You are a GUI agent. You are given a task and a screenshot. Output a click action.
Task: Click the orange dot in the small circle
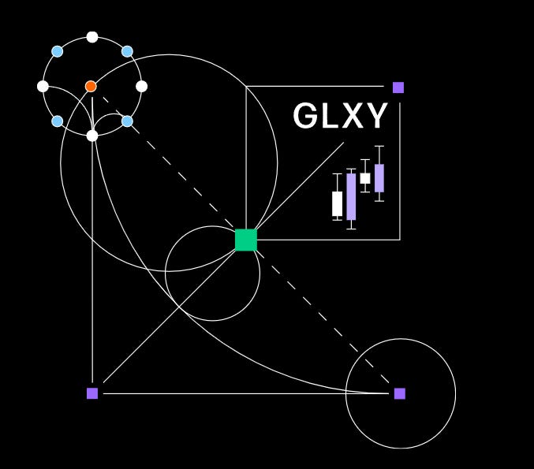coord(91,86)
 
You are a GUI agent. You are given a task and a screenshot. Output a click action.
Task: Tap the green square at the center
coord(246,240)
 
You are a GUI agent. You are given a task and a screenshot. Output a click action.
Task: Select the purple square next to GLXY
coord(398,87)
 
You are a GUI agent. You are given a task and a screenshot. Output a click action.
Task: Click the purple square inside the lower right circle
coord(400,393)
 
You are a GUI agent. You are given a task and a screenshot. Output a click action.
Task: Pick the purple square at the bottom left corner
coord(92,393)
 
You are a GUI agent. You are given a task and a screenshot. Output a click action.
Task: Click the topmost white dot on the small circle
coord(92,37)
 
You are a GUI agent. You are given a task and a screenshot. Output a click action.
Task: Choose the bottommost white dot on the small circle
coord(92,136)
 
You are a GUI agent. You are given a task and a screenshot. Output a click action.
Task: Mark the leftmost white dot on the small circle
coord(43,86)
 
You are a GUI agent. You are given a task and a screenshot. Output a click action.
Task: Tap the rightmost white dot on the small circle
coord(142,86)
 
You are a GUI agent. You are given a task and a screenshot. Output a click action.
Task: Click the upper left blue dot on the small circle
coord(58,51)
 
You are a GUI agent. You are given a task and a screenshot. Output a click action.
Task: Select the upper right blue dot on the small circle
coord(127,51)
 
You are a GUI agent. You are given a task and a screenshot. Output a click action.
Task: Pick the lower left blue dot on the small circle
coord(58,121)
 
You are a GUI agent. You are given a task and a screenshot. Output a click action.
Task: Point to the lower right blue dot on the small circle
coord(127,121)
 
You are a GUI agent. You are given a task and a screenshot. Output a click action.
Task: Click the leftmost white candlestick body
coord(338,203)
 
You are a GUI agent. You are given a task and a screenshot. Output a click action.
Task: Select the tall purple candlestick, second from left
coord(351,196)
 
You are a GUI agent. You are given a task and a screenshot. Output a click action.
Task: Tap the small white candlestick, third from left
coord(365,178)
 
